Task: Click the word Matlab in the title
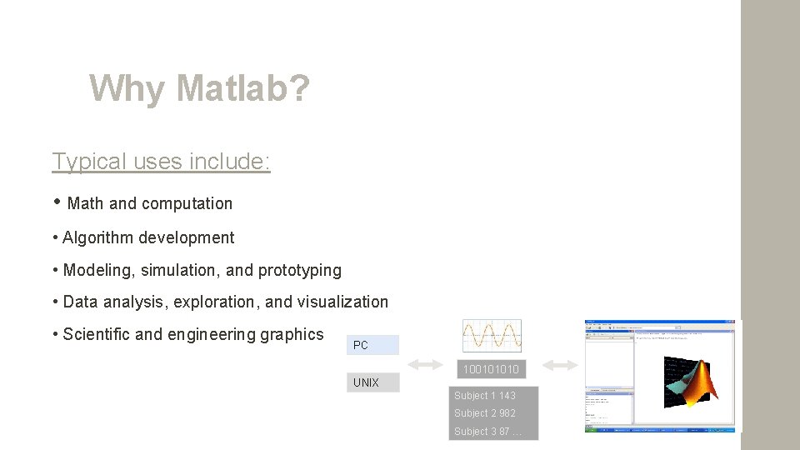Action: coord(242,88)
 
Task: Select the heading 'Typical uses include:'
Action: coord(161,161)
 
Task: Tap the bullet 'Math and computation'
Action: coord(149,203)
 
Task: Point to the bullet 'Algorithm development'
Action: coord(148,237)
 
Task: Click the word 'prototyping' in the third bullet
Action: coord(300,270)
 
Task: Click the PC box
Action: coord(373,345)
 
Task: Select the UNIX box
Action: coord(373,382)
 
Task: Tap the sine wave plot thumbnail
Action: coord(492,335)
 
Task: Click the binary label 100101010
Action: coord(492,369)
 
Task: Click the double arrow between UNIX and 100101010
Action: coord(425,365)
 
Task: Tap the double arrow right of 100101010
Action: coord(560,365)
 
